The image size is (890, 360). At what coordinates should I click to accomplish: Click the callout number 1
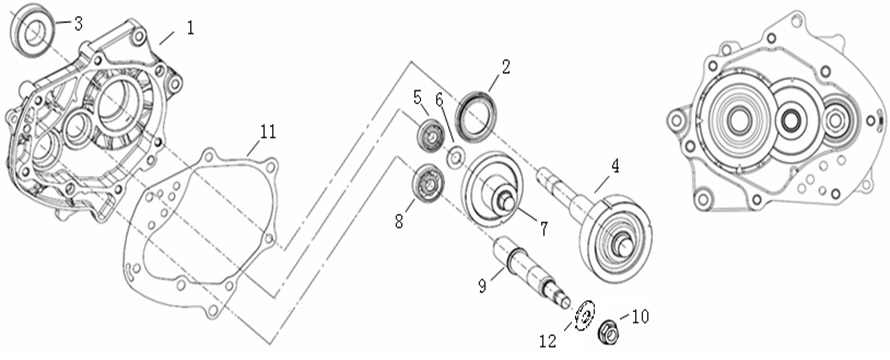click(190, 28)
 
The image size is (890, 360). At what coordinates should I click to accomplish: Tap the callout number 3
click(78, 24)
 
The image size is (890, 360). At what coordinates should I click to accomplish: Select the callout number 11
click(268, 132)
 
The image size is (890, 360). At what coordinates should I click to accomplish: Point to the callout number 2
click(506, 67)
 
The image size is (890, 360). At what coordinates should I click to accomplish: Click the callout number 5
click(418, 97)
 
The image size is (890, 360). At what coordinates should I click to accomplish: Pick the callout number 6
click(439, 99)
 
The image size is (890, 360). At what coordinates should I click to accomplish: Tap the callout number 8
click(400, 221)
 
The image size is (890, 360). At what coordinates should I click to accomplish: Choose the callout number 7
click(543, 229)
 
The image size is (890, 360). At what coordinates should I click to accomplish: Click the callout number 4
click(615, 166)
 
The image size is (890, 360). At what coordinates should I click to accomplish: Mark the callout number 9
click(482, 287)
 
